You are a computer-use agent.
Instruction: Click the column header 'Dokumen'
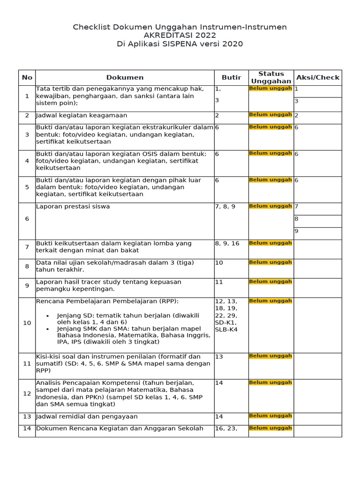tap(125, 77)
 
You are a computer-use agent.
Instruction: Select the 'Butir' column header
tap(231, 77)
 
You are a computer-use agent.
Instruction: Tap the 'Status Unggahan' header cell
tap(271, 77)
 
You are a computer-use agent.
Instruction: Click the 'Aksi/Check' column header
tap(317, 77)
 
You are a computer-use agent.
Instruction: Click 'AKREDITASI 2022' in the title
tap(180, 36)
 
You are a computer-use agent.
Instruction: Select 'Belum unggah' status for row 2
tap(270, 114)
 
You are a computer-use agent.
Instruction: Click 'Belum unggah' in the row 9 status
tap(270, 282)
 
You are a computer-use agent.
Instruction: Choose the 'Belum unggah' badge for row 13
tap(270, 416)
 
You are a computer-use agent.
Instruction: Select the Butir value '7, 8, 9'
tap(225, 206)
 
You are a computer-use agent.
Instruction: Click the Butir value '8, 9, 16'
tap(227, 243)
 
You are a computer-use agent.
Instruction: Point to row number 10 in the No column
tap(27, 323)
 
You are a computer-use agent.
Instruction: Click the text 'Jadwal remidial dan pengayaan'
tap(87, 416)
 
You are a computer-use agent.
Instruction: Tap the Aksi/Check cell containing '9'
tap(296, 231)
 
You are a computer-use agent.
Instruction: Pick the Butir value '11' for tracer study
tap(219, 282)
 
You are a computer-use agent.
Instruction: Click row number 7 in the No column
tap(27, 247)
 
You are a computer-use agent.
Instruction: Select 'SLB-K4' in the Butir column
tap(226, 330)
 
